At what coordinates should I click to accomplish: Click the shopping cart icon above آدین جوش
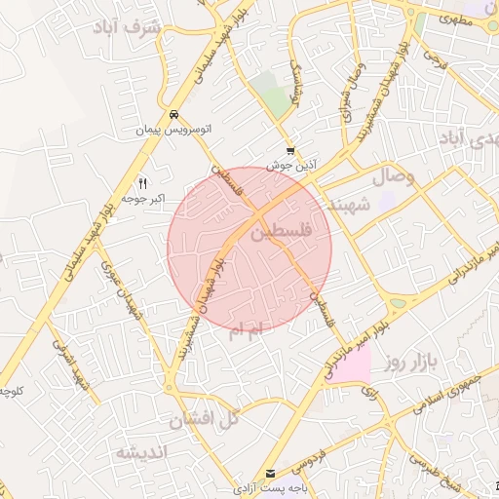click(290, 151)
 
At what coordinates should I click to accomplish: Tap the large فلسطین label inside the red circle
click(282, 234)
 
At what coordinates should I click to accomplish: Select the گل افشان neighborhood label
click(203, 421)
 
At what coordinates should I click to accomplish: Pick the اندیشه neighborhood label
click(142, 453)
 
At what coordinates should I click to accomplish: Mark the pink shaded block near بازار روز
click(350, 366)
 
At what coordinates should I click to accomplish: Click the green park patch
click(276, 97)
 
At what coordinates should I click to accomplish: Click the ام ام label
click(244, 332)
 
